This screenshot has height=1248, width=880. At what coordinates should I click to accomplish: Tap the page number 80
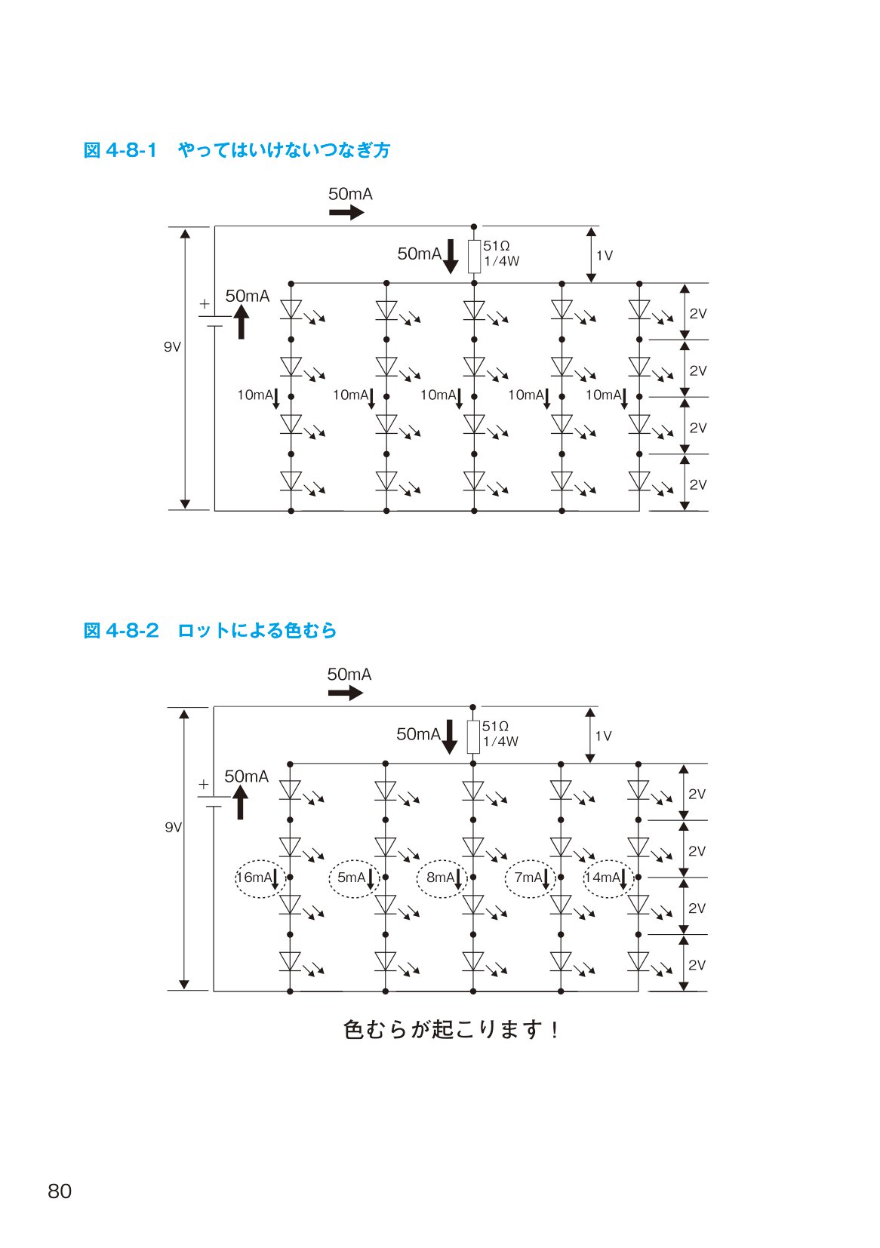click(60, 1191)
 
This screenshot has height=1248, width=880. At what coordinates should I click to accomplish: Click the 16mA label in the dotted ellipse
click(254, 878)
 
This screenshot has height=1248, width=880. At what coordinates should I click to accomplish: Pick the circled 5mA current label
click(351, 878)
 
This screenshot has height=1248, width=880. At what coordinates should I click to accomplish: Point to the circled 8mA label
click(440, 878)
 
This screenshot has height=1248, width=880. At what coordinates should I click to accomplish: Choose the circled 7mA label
click(528, 878)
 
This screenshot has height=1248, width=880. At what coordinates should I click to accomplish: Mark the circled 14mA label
click(602, 878)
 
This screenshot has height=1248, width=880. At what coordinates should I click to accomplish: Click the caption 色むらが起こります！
click(451, 1030)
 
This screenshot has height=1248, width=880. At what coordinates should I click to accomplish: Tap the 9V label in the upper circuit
click(172, 347)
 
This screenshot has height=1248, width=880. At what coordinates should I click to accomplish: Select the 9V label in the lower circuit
click(174, 828)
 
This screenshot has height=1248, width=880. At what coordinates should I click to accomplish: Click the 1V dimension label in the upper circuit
click(605, 256)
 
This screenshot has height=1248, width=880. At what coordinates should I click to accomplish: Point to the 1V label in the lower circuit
click(604, 736)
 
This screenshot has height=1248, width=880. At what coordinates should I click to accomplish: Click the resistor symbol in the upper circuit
click(474, 257)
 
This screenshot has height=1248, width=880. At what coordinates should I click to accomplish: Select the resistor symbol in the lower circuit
click(472, 737)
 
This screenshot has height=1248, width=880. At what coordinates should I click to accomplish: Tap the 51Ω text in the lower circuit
click(495, 727)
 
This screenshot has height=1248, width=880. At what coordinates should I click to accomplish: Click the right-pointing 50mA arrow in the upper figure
click(346, 212)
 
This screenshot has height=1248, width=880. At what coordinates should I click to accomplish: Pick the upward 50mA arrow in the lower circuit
click(240, 802)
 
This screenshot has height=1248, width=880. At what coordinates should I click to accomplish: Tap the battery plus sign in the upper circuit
click(205, 303)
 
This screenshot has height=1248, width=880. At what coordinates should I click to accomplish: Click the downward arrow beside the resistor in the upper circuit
click(451, 257)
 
